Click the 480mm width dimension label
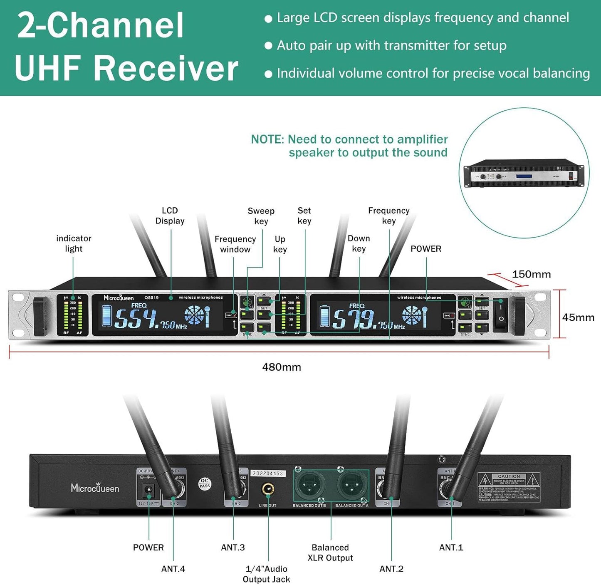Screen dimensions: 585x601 coord(282,367)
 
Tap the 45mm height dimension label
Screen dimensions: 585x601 coord(578,317)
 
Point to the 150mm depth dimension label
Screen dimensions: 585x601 coord(531,274)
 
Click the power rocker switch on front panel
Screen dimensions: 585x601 coord(501,315)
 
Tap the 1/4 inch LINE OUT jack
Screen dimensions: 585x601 coord(267,489)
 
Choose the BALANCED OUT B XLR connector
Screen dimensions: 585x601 coord(309,486)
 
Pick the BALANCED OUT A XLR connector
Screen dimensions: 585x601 coord(351,486)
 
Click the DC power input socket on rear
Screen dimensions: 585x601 coord(148,491)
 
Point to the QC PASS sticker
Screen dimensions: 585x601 coord(205,483)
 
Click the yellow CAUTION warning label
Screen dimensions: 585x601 coord(509,487)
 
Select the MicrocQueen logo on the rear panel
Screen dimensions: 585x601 coord(95,488)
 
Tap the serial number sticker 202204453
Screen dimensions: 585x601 coord(268,473)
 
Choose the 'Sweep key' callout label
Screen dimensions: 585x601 coord(261,216)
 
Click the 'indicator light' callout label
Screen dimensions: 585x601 coord(74,243)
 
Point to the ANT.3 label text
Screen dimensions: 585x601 coord(233,548)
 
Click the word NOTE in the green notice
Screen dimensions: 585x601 coord(267,139)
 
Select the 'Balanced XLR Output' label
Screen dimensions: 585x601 coord(330,553)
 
